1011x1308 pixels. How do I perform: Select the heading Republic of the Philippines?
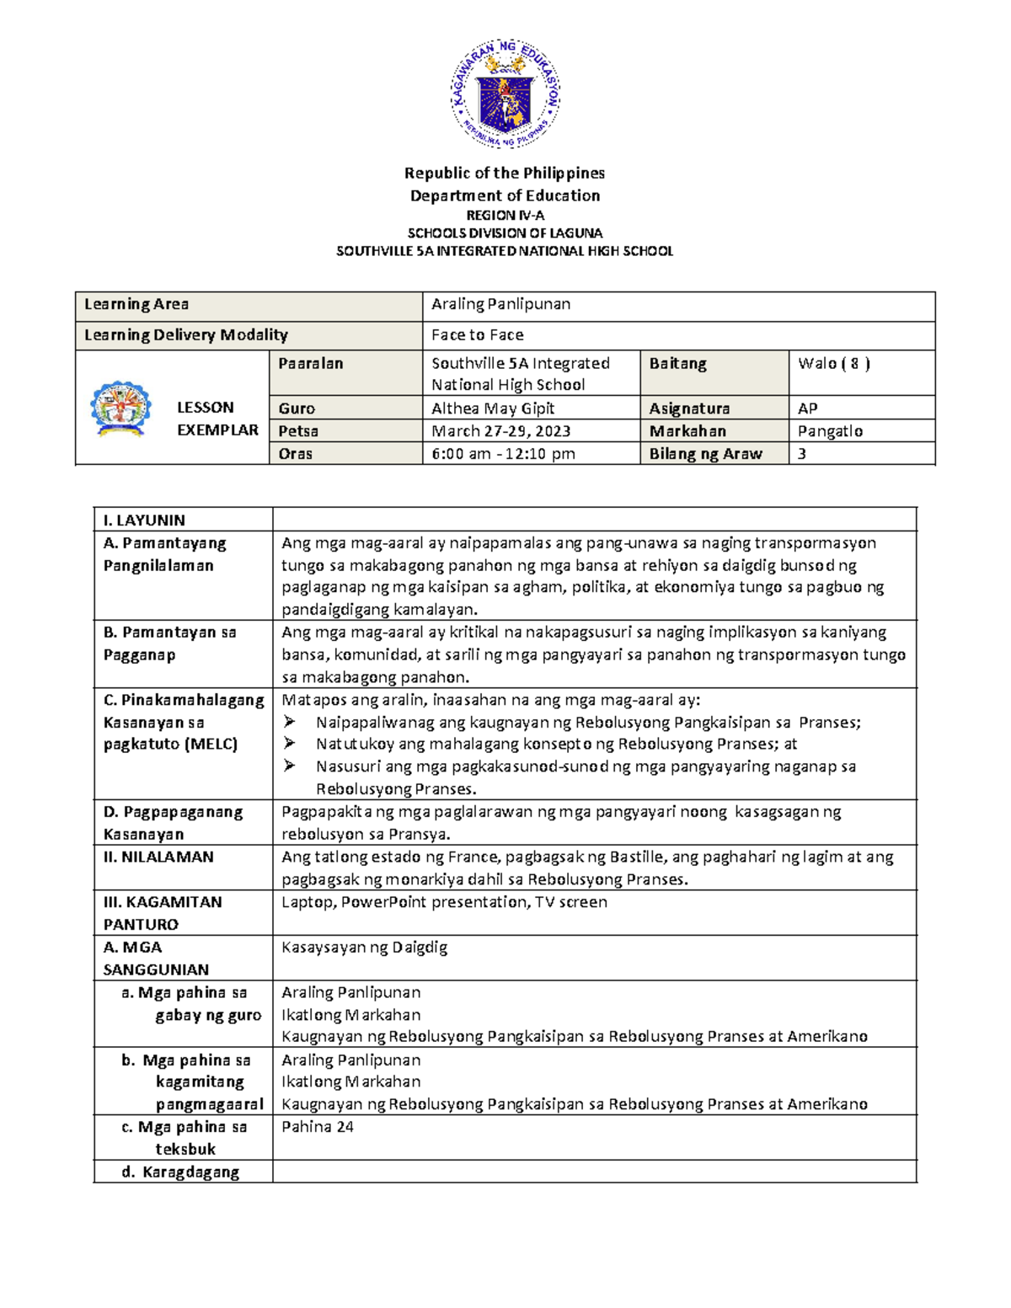pos(505,173)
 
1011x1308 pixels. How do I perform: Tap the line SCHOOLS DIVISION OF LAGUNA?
pos(505,232)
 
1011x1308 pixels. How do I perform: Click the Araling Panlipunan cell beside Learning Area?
pos(500,304)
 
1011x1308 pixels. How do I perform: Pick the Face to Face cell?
pos(477,335)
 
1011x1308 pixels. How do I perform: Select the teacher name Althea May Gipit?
pos(493,408)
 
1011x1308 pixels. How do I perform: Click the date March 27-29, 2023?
pos(500,431)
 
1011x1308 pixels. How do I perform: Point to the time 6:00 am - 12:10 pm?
pos(503,454)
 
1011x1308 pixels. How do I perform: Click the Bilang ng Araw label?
pos(705,454)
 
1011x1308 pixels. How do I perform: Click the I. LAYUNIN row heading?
pos(144,521)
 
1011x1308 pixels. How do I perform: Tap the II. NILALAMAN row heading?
pos(158,857)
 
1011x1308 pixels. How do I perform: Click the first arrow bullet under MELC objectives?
pos(290,722)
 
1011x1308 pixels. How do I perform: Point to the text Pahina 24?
pos(318,1127)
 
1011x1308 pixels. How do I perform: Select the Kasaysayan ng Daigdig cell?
pos(364,948)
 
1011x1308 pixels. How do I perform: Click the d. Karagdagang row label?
pos(182,1172)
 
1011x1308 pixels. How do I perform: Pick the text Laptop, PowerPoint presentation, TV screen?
pos(444,902)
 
